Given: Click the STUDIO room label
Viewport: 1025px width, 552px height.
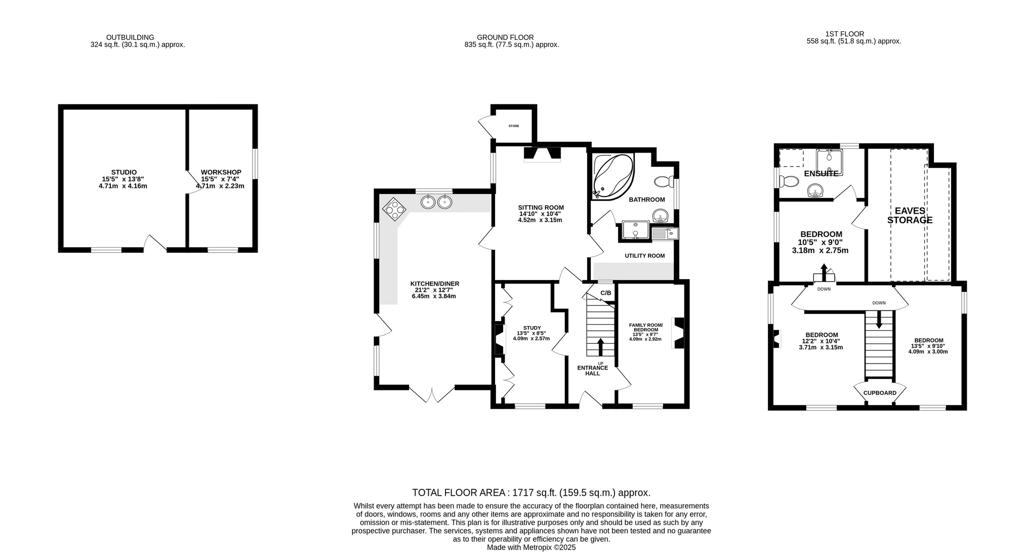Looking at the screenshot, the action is point(124,172).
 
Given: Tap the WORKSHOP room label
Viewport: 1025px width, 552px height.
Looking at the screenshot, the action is point(221,172).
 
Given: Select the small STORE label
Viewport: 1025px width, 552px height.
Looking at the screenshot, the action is point(514,126).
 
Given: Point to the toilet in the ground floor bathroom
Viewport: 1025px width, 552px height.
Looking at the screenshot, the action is point(664,181).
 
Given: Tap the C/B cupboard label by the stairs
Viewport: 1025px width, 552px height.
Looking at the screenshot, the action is point(606,293).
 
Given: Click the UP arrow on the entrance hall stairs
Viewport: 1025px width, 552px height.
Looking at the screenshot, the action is point(600,347).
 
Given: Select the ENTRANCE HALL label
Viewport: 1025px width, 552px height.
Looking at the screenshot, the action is point(593,371).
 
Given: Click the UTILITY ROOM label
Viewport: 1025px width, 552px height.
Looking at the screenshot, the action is point(644,256).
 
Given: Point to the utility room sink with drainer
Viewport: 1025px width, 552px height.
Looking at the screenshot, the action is point(665,233).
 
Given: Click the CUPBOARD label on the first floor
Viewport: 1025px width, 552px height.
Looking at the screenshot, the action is point(880,393).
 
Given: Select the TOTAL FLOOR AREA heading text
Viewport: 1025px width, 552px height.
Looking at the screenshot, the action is point(531,492).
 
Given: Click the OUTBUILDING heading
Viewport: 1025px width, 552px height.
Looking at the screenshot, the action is point(130,37).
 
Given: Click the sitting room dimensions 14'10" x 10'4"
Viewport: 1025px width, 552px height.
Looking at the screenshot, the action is point(540,214).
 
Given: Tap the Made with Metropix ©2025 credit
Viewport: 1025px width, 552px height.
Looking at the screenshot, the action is point(531,547).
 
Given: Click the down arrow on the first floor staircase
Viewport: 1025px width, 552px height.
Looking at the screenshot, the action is point(879,320).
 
